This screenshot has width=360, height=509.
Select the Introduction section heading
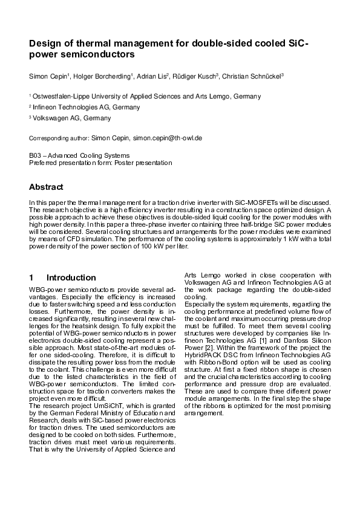click(71, 277)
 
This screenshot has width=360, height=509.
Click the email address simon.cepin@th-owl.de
click(167, 138)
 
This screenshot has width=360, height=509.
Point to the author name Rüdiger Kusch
click(194, 76)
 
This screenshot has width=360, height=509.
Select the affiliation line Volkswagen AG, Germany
click(72, 118)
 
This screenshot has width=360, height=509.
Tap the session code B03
click(34, 155)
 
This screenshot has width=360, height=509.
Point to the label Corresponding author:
click(59, 138)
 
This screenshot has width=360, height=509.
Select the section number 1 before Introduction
click(31, 277)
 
